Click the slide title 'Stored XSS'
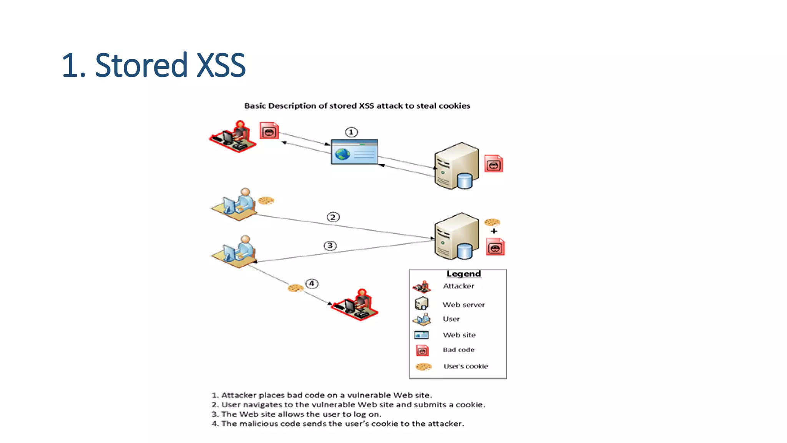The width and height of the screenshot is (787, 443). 153,65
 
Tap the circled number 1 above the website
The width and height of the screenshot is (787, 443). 351,132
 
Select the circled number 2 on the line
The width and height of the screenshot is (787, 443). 333,217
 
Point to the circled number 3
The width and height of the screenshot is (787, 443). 330,246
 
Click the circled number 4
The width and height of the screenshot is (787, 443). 312,284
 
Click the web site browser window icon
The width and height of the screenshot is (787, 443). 354,152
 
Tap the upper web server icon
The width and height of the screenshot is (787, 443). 457,166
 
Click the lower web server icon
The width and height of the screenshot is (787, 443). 457,236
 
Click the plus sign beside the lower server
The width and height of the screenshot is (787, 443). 494,231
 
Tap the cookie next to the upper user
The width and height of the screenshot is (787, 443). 266,200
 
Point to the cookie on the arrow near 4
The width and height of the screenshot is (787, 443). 295,288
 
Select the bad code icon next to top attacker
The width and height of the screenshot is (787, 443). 269,131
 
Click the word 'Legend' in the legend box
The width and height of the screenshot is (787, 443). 463,274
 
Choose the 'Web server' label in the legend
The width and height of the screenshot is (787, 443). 463,305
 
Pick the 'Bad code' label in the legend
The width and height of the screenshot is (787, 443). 458,350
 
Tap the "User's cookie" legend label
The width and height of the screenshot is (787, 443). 465,366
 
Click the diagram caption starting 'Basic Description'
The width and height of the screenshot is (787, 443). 357,106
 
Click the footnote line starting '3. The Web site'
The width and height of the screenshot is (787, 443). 296,414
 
